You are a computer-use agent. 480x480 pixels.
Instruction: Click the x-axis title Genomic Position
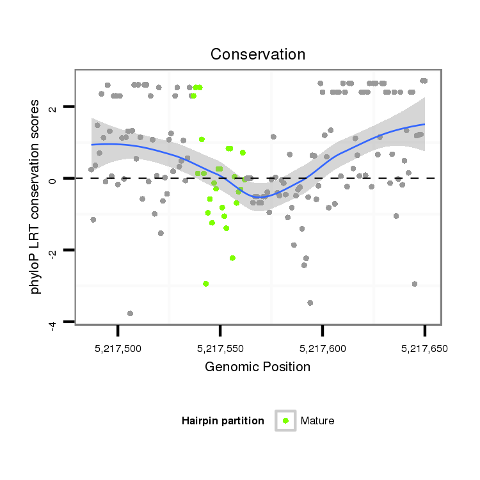click(x=258, y=367)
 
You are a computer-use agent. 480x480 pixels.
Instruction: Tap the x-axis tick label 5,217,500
click(x=118, y=349)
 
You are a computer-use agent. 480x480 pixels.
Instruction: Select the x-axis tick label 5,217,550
click(x=220, y=349)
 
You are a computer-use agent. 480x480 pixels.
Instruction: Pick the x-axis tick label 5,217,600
click(x=323, y=349)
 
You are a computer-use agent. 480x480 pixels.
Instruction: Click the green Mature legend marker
click(x=285, y=420)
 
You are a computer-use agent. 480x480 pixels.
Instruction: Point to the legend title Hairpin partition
click(x=223, y=420)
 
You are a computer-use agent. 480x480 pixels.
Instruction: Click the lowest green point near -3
click(x=205, y=284)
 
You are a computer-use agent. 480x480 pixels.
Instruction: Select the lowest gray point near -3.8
click(x=130, y=314)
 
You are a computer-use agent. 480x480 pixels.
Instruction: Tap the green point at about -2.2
click(x=232, y=258)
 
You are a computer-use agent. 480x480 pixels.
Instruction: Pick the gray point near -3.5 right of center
click(x=310, y=303)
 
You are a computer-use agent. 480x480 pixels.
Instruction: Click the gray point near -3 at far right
click(x=415, y=284)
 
